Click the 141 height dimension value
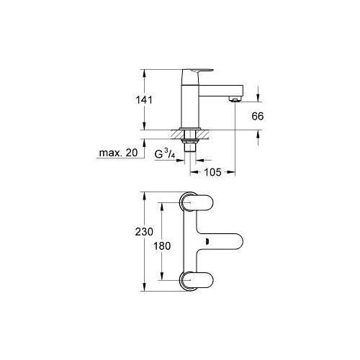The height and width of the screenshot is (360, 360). click(144, 100)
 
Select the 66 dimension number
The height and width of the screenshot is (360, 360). click(258, 116)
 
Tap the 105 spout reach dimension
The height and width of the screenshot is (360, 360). click(212, 172)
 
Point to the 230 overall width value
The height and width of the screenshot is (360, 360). click(144, 232)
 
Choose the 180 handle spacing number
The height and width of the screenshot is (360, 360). click(162, 246)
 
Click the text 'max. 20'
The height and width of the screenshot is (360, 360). click(119, 153)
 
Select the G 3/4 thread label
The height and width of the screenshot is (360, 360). click(165, 153)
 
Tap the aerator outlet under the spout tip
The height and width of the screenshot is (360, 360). click(235, 99)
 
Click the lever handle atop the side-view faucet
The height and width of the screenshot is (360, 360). click(198, 71)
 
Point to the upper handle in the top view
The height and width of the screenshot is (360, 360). click(197, 202)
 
